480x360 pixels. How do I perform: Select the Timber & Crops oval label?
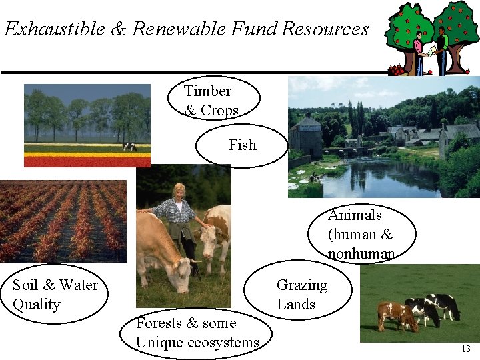(212, 100)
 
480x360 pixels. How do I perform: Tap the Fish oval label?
(242, 145)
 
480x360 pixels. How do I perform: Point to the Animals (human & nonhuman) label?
(361, 234)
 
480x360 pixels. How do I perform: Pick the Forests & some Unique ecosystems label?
(197, 333)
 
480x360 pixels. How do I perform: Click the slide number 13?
(465, 349)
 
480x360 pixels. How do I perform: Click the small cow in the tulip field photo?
(129, 147)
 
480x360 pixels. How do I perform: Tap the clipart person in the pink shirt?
(418, 50)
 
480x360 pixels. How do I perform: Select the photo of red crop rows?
(63, 221)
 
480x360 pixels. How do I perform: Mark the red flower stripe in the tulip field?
(87, 161)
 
